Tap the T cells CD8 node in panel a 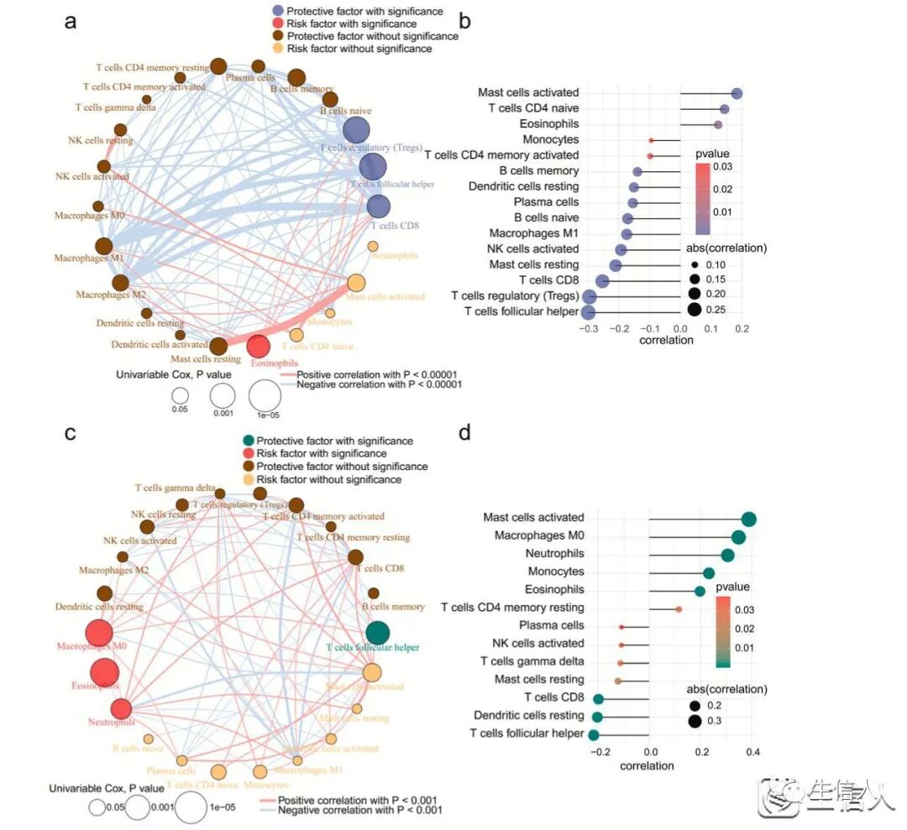tap(378, 206)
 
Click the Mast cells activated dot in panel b tap(737, 94)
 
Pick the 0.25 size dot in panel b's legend tap(695, 310)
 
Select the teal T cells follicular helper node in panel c tap(378, 633)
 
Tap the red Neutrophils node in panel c tap(121, 709)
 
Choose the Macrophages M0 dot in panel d tap(738, 537)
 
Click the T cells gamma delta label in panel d tap(532, 661)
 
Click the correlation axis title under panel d tap(647, 766)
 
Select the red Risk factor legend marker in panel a tap(277, 23)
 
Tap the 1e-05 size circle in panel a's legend tap(264, 394)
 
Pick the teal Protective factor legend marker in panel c tap(247, 441)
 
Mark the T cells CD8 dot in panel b tap(602, 280)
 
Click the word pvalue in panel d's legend tap(733, 587)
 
